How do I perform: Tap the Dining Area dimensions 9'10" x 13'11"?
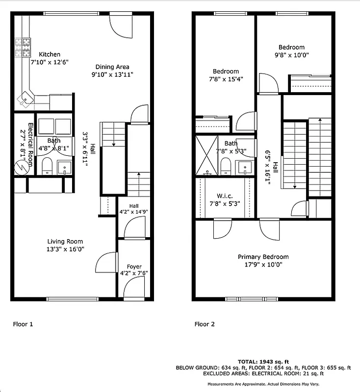coord(112,74)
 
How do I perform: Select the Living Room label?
coord(65,241)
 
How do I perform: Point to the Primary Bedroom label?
coord(263,257)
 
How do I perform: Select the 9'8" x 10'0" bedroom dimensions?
coord(291,55)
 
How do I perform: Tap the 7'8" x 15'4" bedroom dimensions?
coord(226,79)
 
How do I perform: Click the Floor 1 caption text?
coord(23,324)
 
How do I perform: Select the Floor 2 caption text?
coord(205,324)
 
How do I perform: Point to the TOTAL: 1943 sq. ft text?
coord(263,361)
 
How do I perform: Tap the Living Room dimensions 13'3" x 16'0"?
coord(65,249)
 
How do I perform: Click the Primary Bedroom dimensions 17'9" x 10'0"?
coord(263,265)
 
